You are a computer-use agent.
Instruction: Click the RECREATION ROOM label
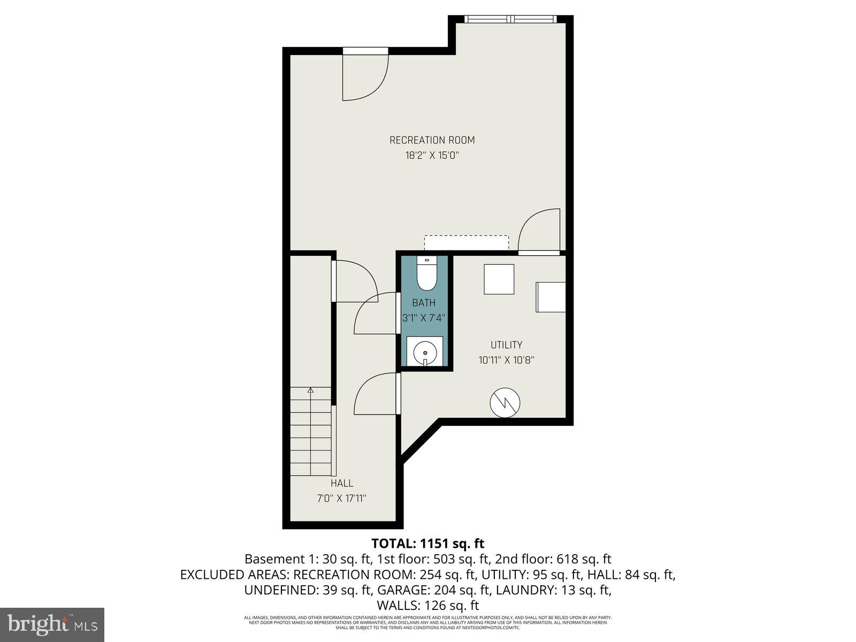[x=432, y=140]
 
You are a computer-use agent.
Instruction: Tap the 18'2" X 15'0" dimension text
[x=432, y=156]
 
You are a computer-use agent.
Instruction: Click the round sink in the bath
[x=425, y=353]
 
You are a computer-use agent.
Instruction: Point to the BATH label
[x=424, y=303]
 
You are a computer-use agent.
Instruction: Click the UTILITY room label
[x=506, y=345]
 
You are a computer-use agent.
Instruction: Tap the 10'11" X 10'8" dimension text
[x=506, y=360]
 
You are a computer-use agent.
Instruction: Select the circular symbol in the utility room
[x=506, y=403]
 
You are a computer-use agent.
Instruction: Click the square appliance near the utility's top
[x=499, y=279]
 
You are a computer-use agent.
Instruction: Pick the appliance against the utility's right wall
[x=551, y=297]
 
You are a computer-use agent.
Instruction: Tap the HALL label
[x=341, y=483]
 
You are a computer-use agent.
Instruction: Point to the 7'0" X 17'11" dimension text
[x=341, y=499]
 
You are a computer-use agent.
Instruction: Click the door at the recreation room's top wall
[x=365, y=75]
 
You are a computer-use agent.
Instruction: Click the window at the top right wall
[x=511, y=19]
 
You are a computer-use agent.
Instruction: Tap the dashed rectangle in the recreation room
[x=466, y=242]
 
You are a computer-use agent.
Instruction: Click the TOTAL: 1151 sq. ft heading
[x=427, y=544]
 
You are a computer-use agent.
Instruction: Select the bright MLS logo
[x=52, y=624]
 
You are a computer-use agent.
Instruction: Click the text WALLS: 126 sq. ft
[x=427, y=606]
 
